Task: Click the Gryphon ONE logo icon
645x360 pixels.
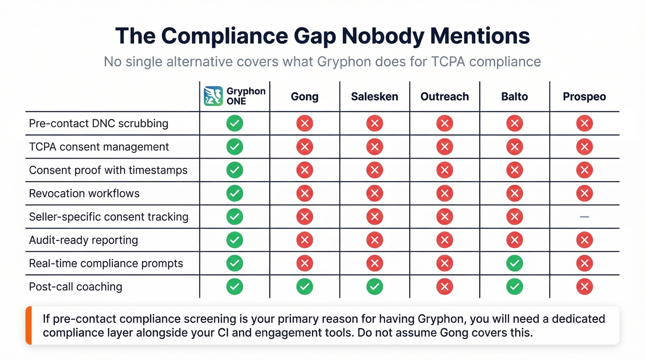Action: (x=213, y=96)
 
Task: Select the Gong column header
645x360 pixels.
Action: (x=305, y=97)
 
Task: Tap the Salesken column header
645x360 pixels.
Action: (x=375, y=97)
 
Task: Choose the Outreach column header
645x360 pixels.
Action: (x=445, y=97)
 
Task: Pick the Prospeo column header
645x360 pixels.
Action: (x=584, y=97)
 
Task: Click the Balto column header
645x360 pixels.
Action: (x=514, y=97)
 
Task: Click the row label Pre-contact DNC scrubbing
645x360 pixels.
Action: (x=99, y=124)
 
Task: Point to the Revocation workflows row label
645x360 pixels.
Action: (x=84, y=193)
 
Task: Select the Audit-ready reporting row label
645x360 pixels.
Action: (x=83, y=240)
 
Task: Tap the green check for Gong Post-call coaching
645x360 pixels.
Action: (x=305, y=287)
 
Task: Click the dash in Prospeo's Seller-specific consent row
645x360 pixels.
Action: (x=584, y=217)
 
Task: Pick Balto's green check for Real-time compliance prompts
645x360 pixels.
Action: (x=514, y=263)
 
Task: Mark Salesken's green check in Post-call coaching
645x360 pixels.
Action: (x=375, y=287)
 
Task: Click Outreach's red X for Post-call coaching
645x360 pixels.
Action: (x=445, y=287)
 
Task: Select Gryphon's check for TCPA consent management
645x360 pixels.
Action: (x=235, y=147)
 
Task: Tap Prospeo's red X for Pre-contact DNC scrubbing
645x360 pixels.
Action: (x=584, y=124)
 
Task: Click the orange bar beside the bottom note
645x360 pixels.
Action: (x=29, y=325)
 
